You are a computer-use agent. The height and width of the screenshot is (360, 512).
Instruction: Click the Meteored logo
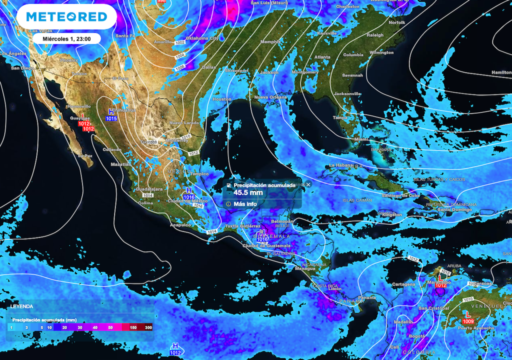pyautogui.click(x=66, y=17)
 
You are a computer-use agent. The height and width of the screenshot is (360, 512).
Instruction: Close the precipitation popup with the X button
pyautogui.click(x=308, y=184)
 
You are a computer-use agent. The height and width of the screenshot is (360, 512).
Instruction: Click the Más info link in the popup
pyautogui.click(x=244, y=204)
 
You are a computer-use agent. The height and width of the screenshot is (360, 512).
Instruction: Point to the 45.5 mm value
pyautogui.click(x=248, y=192)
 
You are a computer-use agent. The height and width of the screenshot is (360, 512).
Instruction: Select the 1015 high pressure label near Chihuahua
pyautogui.click(x=111, y=118)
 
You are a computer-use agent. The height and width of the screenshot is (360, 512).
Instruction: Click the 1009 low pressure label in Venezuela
pyautogui.click(x=468, y=320)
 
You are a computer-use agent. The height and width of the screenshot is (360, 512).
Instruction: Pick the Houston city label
pyautogui.click(x=222, y=99)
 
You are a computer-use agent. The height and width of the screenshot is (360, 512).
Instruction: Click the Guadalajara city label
pyautogui.click(x=149, y=189)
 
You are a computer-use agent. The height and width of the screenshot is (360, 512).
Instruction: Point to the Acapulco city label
pyautogui.click(x=180, y=225)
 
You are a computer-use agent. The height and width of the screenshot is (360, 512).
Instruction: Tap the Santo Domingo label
pyautogui.click(x=455, y=209)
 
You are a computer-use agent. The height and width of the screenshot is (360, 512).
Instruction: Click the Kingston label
pyautogui.click(x=391, y=214)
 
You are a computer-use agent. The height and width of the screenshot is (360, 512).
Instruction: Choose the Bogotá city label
pyautogui.click(x=417, y=336)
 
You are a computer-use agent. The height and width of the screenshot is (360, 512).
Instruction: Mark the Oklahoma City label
pyautogui.click(x=202, y=38)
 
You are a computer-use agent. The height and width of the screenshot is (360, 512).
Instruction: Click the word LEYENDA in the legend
pyautogui.click(x=22, y=306)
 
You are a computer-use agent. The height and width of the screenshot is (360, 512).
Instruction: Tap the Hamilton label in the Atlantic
pyautogui.click(x=501, y=72)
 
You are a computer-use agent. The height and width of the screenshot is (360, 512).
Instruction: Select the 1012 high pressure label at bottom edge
pyautogui.click(x=175, y=352)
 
